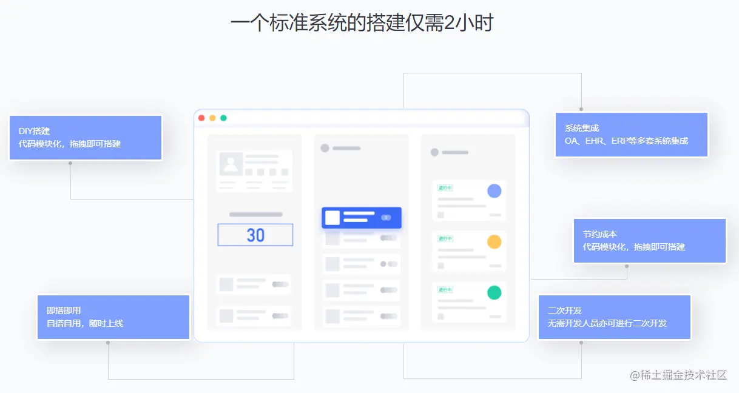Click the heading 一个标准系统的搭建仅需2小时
point(362,23)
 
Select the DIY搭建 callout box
point(86,138)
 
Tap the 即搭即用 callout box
point(113,317)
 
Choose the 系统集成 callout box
point(632,135)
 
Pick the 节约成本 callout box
point(650,241)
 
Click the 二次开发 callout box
point(615,317)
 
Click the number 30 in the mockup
point(255,235)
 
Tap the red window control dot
point(201,118)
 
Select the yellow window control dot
point(212,118)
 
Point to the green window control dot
point(223,118)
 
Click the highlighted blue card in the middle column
point(362,218)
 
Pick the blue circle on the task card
point(494,190)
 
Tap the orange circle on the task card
point(494,241)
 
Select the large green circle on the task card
point(494,292)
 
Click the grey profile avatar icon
point(231,164)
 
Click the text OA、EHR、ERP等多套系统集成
point(627,141)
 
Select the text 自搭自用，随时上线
point(85,323)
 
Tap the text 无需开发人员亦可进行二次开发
point(607,323)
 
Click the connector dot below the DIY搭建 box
point(70,163)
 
